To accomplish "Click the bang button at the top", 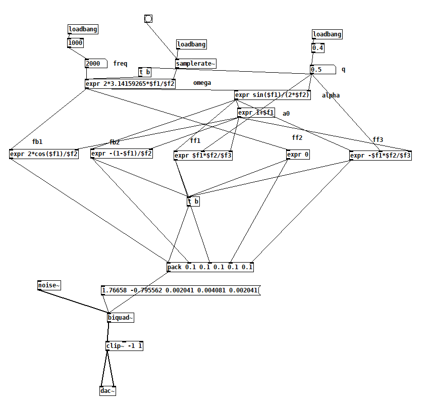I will pos(148,19).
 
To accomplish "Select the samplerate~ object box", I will pos(196,64).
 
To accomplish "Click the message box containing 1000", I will pos(75,43).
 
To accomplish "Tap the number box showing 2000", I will pos(95,64).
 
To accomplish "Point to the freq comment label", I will pos(120,64).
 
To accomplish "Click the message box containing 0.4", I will pos(317,48).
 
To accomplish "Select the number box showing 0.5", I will pos(322,70).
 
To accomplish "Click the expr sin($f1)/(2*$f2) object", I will pos(273,94).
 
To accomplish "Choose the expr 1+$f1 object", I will pos(256,113).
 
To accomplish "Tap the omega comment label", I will pos(202,83).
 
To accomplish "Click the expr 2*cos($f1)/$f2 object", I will pos(44,154).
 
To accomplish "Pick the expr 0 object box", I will pos(298,155).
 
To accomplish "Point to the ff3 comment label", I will pos(378,140).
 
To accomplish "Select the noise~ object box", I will pos(49,286).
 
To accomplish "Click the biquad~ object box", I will pos(121,318).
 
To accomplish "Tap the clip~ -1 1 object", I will pos(124,346).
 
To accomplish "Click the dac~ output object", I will pos(107,391).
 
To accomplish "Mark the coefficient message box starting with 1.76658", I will pos(180,290).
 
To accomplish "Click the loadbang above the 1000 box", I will pos(83,29).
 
